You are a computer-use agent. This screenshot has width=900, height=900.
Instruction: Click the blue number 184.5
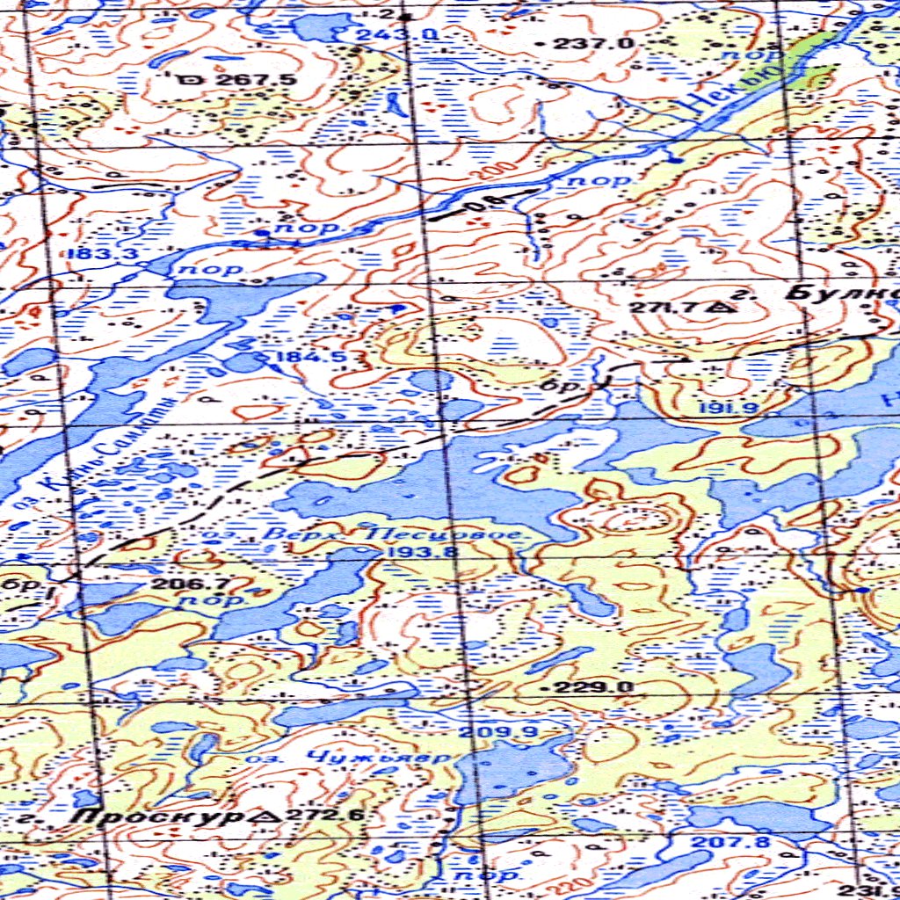pyautogui.click(x=299, y=357)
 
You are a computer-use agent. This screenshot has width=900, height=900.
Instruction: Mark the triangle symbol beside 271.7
pyautogui.click(x=723, y=308)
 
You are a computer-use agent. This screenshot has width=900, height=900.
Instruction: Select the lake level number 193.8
pyautogui.click(x=409, y=552)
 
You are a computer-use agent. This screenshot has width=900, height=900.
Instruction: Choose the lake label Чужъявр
pyautogui.click(x=378, y=755)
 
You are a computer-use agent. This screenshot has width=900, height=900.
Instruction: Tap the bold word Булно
pyautogui.click(x=839, y=294)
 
